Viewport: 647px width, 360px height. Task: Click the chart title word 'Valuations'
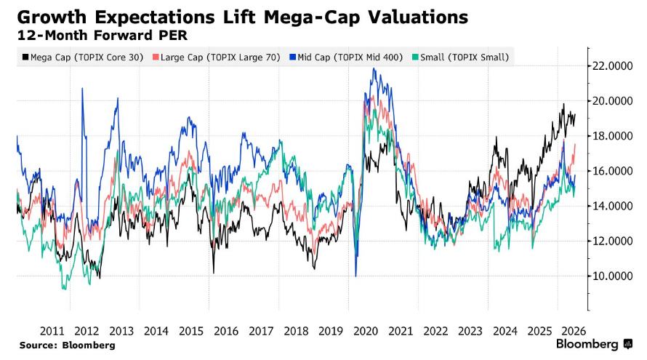click(x=418, y=17)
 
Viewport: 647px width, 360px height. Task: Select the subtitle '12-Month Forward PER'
click(x=103, y=36)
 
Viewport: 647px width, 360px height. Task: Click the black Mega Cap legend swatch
click(x=25, y=57)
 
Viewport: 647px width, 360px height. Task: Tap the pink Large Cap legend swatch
click(x=156, y=57)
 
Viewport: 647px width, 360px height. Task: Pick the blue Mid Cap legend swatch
click(x=293, y=57)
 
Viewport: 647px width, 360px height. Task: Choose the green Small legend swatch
click(x=415, y=57)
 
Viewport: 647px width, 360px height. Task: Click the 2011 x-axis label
click(x=52, y=331)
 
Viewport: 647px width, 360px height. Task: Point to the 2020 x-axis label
click(x=366, y=331)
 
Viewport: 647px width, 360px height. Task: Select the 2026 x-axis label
click(x=574, y=331)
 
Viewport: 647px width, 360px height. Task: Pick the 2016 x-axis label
click(x=226, y=331)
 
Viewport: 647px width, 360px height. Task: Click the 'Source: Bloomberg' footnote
click(x=68, y=345)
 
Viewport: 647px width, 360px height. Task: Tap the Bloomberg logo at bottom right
click(x=594, y=344)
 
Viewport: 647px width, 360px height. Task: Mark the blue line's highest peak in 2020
click(x=374, y=68)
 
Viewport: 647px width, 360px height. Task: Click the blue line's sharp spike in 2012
click(x=83, y=88)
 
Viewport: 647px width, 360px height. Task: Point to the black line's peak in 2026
click(x=563, y=104)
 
